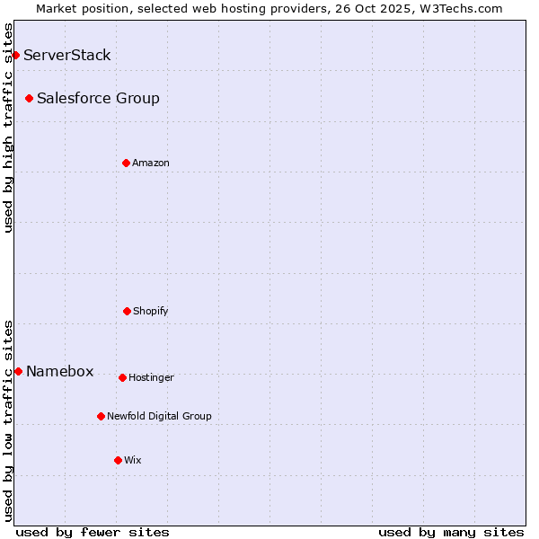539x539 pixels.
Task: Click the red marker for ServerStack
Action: tap(15, 55)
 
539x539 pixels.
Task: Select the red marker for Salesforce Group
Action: tap(29, 98)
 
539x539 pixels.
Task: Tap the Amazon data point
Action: tap(126, 163)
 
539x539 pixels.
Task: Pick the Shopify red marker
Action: tap(127, 311)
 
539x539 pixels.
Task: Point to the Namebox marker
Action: tap(18, 371)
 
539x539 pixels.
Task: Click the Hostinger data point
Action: tap(122, 377)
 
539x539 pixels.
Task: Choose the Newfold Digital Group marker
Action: tap(101, 416)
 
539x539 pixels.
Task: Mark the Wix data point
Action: tap(118, 460)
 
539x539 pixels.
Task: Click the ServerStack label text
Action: tap(67, 55)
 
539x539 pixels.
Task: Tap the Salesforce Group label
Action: tap(98, 98)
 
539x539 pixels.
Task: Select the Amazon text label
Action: tap(151, 163)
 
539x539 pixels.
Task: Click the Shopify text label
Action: tap(151, 311)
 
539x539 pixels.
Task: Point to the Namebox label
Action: tap(59, 371)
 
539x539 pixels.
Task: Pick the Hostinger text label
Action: tap(151, 377)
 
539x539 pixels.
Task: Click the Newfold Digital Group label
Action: tap(159, 416)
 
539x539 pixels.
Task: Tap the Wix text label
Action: tap(133, 460)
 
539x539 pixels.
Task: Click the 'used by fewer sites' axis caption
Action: tap(93, 532)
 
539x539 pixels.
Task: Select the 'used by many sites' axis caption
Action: tap(451, 532)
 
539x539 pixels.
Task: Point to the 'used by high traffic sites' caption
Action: tap(8, 128)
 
